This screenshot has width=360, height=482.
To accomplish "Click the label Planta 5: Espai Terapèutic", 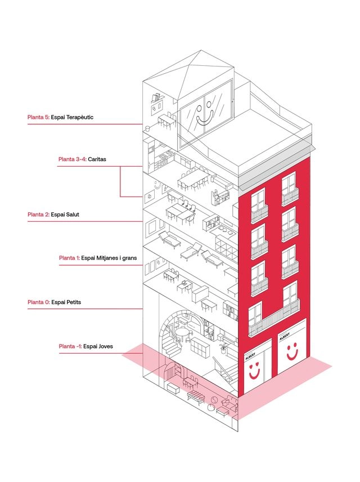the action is coord(61,117).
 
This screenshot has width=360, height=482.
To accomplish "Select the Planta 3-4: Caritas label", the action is coord(82,159).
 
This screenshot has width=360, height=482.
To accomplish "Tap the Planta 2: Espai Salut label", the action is coord(53,215).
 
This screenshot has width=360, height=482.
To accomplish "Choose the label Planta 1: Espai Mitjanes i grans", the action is coord(98,258).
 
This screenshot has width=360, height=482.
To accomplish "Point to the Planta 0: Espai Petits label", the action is coord(55,302).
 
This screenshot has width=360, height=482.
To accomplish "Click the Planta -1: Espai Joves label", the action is coord(86,346).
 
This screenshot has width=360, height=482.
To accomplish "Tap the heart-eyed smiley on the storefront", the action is coord(254,371).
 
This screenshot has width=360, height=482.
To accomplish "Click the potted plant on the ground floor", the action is coord(224,347).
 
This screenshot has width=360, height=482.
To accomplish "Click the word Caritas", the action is coord(97,159).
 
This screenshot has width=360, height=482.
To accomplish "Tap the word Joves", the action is coord(106,346).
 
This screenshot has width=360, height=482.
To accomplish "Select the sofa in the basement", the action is coord(230,403).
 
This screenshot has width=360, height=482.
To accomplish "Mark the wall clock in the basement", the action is coord(214,400).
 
